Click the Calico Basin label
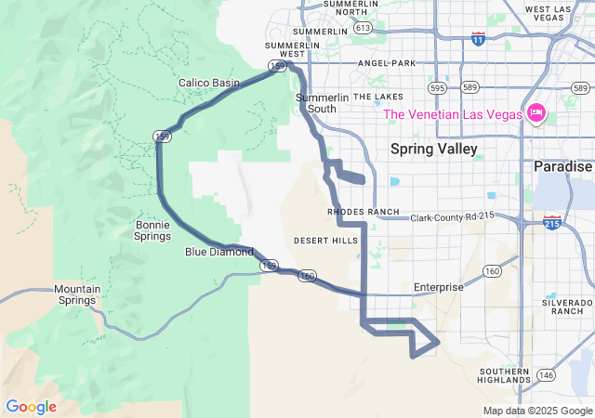[x=209, y=84]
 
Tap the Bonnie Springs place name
[x=152, y=230]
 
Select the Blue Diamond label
[x=218, y=252]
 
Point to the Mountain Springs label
[x=76, y=294]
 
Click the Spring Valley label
[x=433, y=149]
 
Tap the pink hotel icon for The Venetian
[x=535, y=114]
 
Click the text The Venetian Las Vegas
[x=454, y=115]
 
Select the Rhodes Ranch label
[x=363, y=212]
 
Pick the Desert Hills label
[x=325, y=240]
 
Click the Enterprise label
[x=439, y=287]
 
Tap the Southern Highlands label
[x=505, y=376]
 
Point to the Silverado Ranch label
[x=567, y=306]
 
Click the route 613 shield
[x=363, y=29]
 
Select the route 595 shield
[x=437, y=87]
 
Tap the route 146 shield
[x=546, y=375]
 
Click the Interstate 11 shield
[x=477, y=39]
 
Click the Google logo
[x=31, y=407]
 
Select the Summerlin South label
[x=316, y=103]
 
